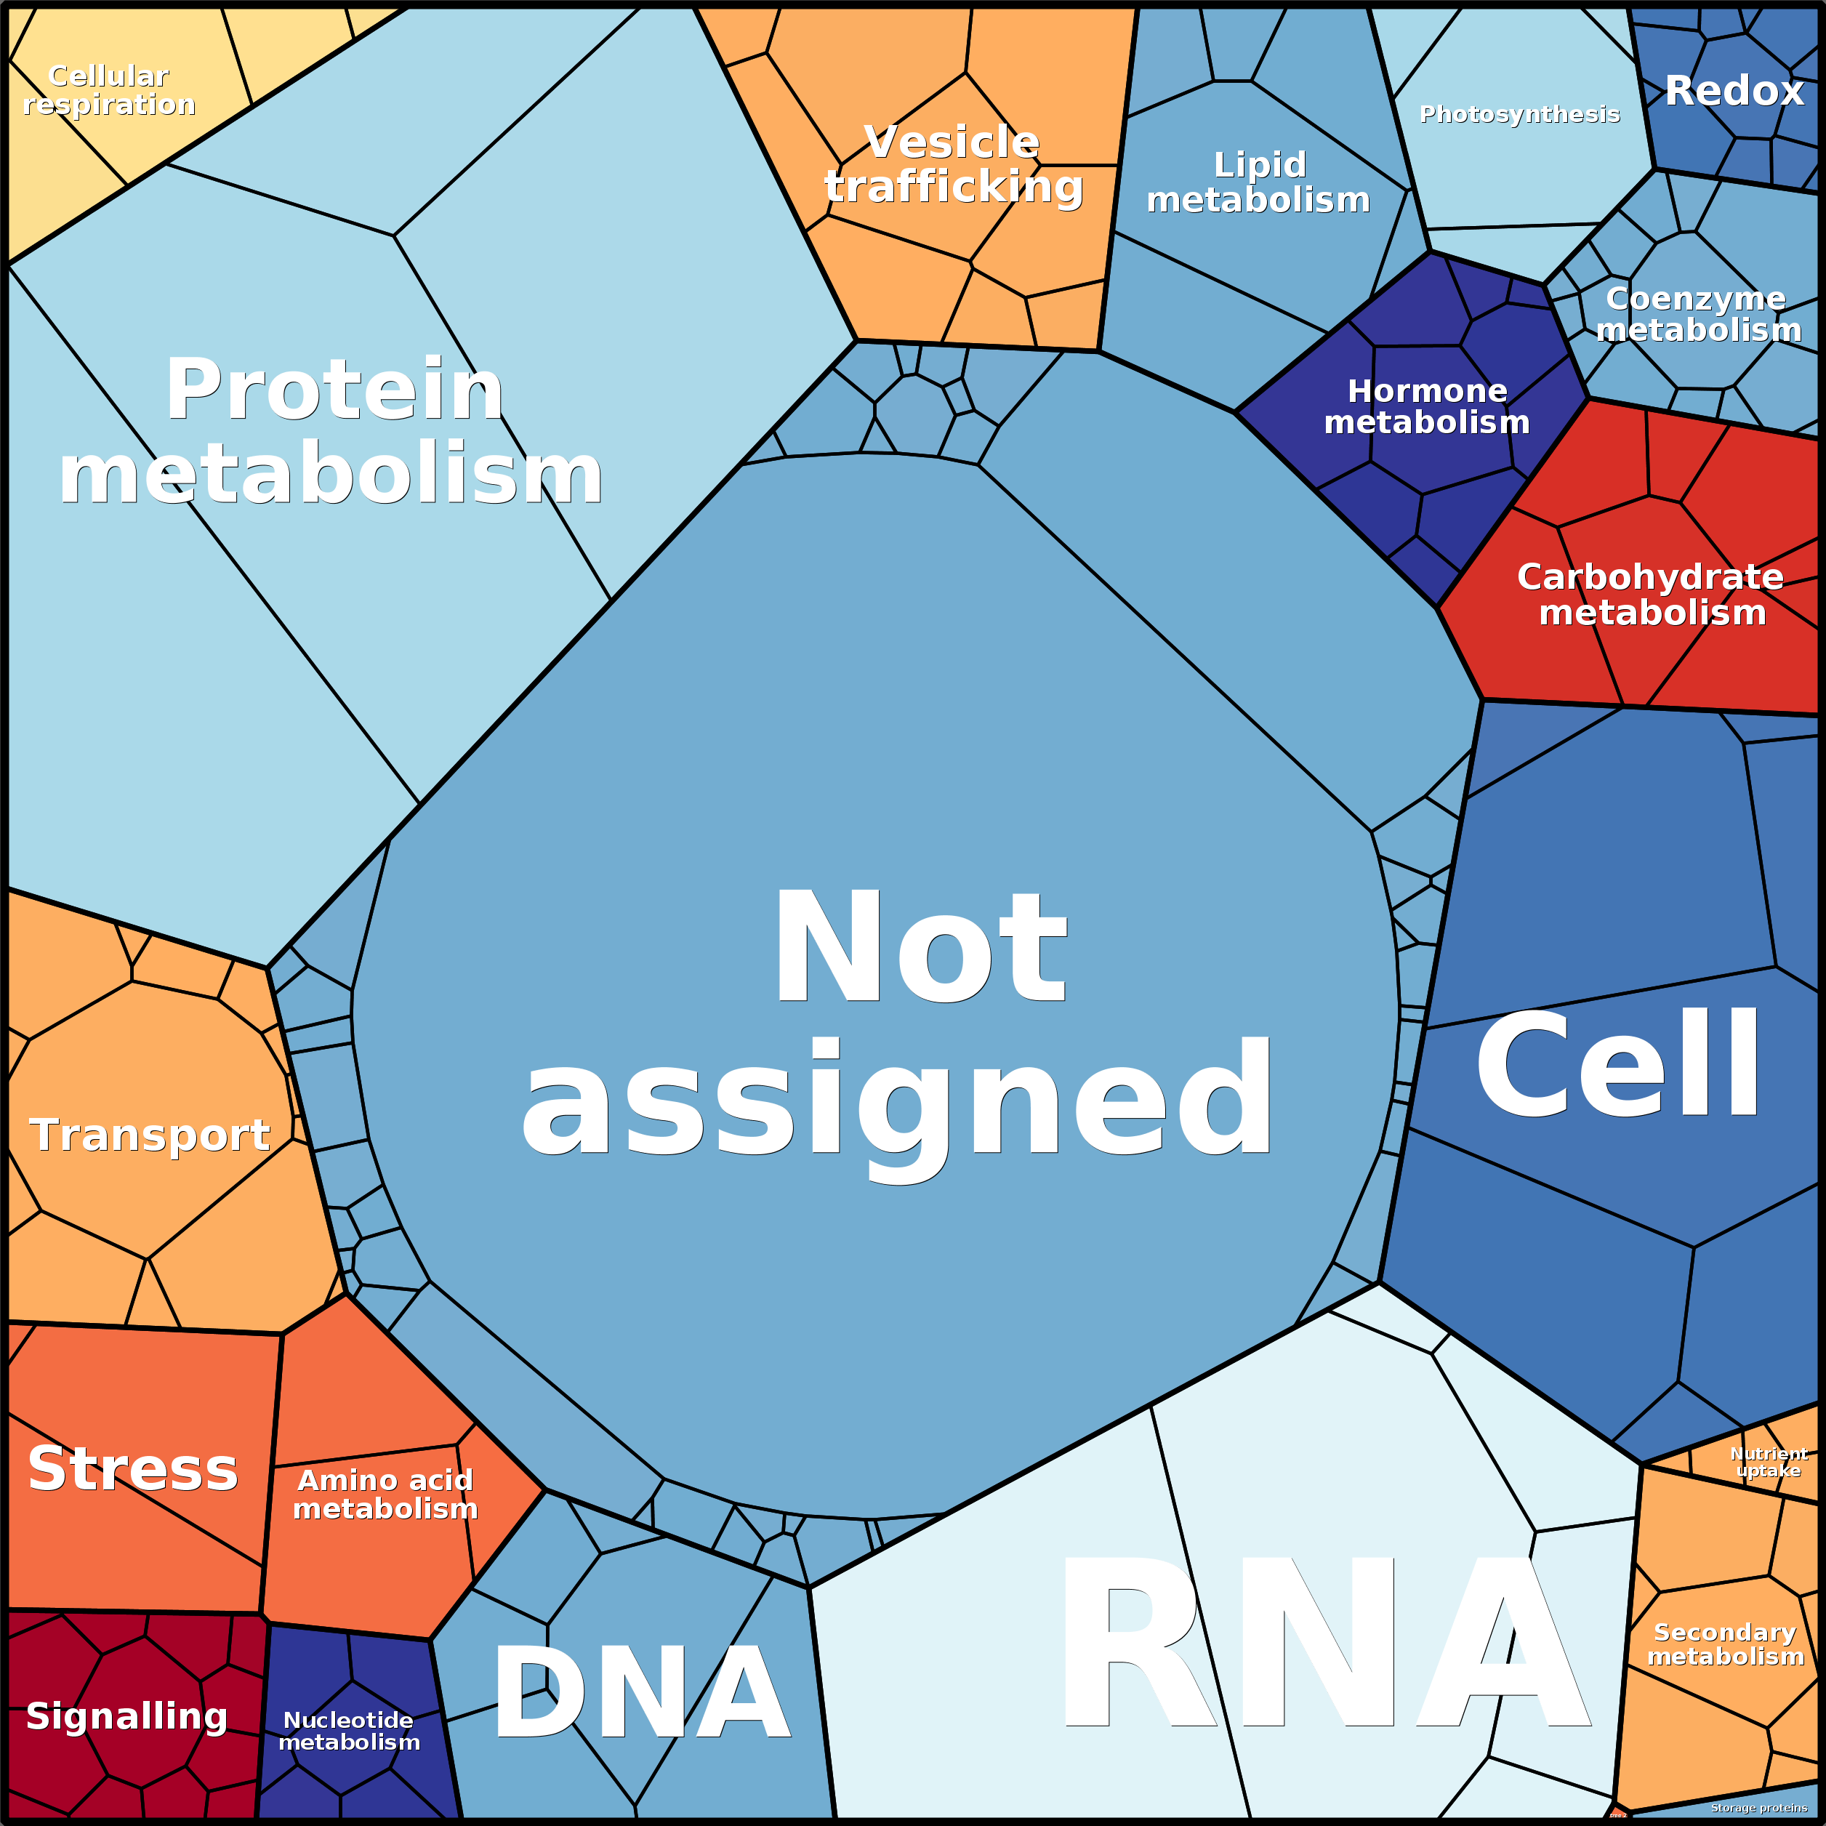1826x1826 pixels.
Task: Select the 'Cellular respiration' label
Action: pos(109,90)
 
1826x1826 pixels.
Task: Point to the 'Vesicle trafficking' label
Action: pos(953,164)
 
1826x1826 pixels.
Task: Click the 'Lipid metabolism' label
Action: pos(1258,182)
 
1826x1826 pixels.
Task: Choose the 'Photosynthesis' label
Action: pos(1520,114)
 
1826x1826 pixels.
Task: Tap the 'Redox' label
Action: pos(1734,91)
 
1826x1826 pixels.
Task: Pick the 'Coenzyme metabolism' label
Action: pos(1697,314)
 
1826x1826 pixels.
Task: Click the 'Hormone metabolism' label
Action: pos(1427,406)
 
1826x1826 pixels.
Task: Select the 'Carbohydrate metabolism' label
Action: pos(1651,595)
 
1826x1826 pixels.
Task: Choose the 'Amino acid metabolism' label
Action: pos(385,1495)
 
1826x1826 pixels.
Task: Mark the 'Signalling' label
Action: pos(126,1716)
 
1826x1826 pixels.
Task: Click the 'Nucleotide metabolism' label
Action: pos(349,1732)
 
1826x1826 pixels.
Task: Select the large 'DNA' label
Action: pos(641,1694)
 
